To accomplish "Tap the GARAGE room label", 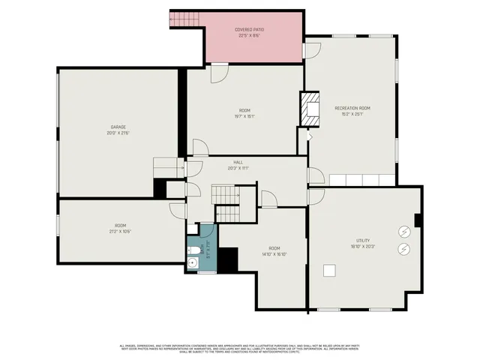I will pos(118,127).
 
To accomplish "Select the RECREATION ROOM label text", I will pos(352,108).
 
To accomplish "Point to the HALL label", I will pos(238,162).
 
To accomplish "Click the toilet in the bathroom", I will pos(192,250).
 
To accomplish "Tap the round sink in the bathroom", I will pos(192,262).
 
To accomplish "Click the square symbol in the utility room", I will pos(328,271).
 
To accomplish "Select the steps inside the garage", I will pos(169,166).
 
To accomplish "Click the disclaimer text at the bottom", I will pos(240,349).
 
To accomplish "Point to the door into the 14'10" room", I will pos(269,199).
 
